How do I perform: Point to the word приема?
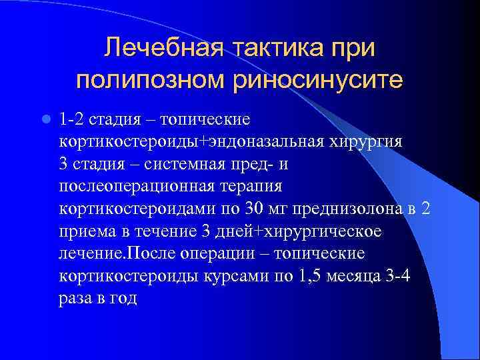click(x=85, y=231)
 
